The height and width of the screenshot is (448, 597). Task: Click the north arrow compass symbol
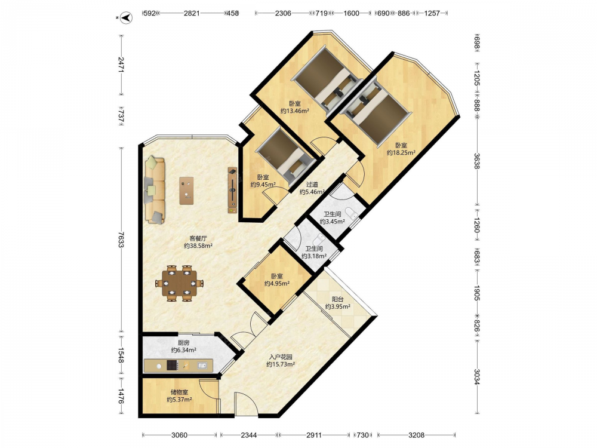coord(127,17)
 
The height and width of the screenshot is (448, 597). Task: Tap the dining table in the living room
coord(179,283)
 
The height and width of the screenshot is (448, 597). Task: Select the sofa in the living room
coord(155,189)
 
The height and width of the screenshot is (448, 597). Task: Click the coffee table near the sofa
coord(186,191)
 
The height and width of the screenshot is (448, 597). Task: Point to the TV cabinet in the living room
coord(233,190)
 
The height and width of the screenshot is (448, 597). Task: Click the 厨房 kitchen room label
coord(183,343)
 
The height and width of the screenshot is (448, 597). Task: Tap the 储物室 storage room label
coord(179,392)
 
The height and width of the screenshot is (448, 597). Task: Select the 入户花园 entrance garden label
coord(281,357)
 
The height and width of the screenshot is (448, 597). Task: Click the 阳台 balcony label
coord(338,299)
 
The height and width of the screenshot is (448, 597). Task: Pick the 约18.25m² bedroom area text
coord(401,153)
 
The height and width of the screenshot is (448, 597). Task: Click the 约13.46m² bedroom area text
coord(295,111)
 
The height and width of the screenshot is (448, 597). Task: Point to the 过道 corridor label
coord(312,185)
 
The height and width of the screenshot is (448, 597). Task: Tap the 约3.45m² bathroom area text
coord(333,222)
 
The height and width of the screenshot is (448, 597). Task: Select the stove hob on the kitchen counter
coord(173,366)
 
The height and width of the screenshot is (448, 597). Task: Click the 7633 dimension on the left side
coord(121,240)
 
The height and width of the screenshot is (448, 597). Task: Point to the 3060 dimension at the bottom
coord(179,435)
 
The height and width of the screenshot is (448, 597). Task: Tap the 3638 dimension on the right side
coord(477,161)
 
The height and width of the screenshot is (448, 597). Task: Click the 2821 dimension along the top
coord(192,13)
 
